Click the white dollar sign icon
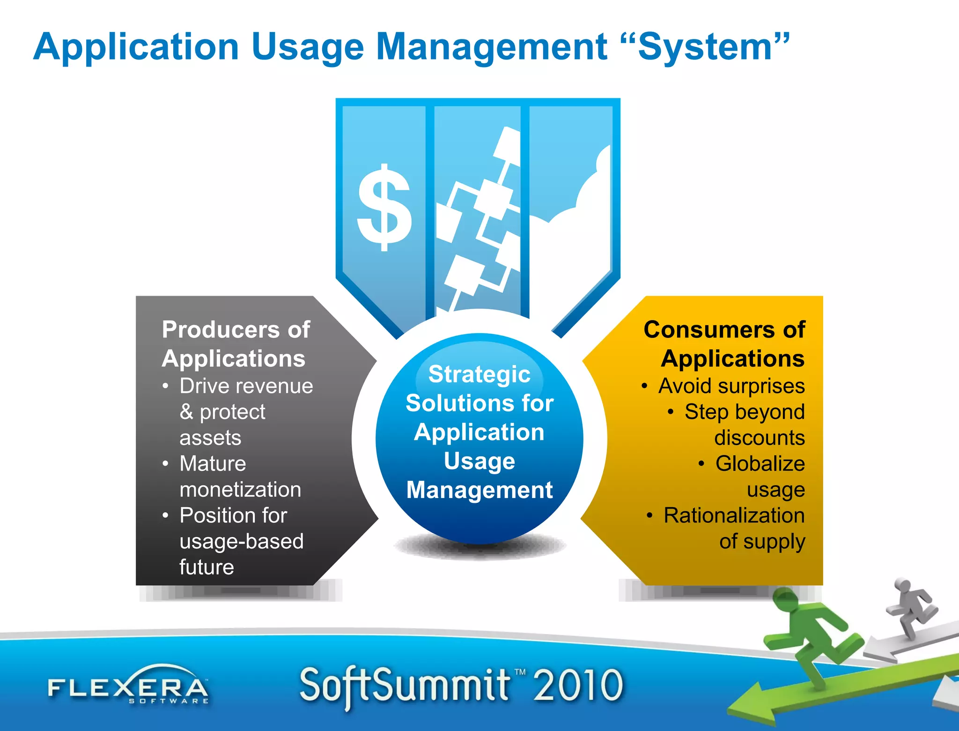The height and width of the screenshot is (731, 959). (384, 208)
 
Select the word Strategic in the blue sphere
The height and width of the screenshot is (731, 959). (479, 374)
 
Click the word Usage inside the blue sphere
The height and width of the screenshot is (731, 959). (479, 461)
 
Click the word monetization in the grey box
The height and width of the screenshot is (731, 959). (240, 490)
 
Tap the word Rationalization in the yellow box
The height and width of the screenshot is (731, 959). (734, 515)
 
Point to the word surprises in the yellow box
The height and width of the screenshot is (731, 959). (761, 386)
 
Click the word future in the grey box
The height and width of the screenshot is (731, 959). (207, 567)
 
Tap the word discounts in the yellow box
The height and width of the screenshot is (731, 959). (759, 438)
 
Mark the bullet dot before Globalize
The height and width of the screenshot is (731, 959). (701, 464)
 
